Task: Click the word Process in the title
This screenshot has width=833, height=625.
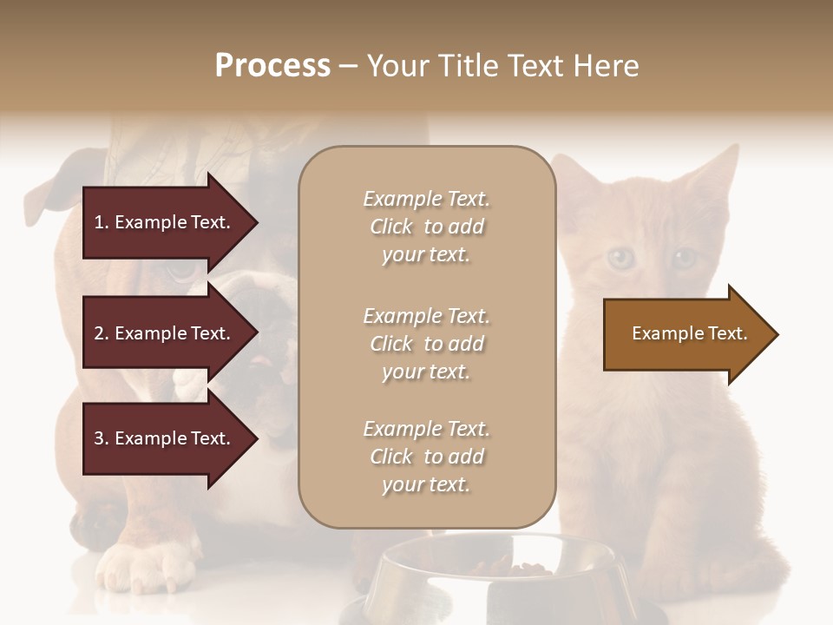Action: pos(272,66)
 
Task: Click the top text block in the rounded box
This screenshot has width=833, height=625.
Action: pos(426,227)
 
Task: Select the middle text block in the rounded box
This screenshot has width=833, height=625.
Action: pos(426,344)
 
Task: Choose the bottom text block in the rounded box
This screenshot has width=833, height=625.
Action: pos(426,457)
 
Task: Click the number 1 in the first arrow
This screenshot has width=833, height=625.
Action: pos(99,222)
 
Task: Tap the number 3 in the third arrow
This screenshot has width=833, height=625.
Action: pos(99,438)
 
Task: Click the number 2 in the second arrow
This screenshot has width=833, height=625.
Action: pos(99,333)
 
